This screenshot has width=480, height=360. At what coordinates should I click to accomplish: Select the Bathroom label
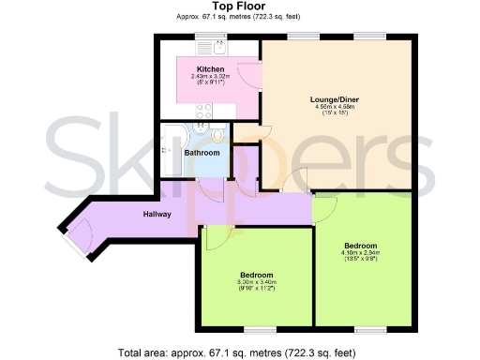tap(201, 153)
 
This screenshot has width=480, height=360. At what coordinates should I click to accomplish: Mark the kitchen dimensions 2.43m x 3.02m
tap(209, 77)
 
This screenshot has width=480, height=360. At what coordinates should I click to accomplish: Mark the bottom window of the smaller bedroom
tap(262, 327)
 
